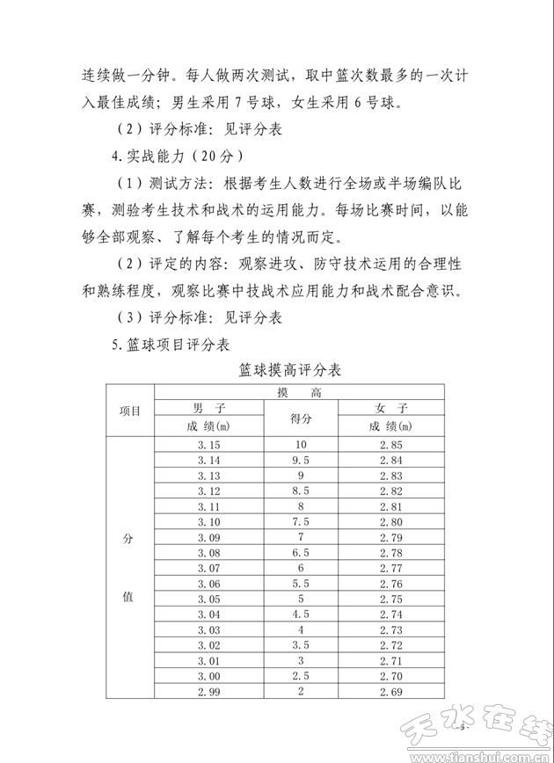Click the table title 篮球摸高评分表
(289, 370)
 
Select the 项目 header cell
(130, 411)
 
